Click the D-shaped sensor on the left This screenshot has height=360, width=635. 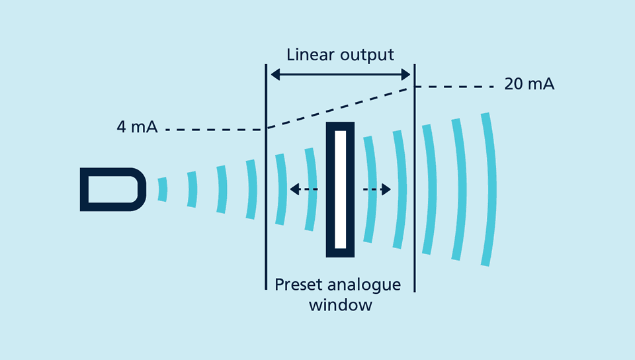(x=112, y=189)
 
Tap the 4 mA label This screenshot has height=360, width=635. (x=137, y=127)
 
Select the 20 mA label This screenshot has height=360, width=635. (x=529, y=85)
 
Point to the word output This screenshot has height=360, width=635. (x=366, y=54)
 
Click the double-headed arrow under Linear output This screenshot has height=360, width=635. (x=340, y=75)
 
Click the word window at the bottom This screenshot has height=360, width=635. (x=340, y=305)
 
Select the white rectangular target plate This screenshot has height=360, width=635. (x=341, y=189)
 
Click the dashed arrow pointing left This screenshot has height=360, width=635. (x=304, y=190)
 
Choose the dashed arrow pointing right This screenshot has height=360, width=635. (x=377, y=190)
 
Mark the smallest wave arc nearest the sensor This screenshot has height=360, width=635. (x=163, y=189)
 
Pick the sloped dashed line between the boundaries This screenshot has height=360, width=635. (x=340, y=108)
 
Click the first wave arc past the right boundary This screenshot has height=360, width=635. (x=431, y=189)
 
